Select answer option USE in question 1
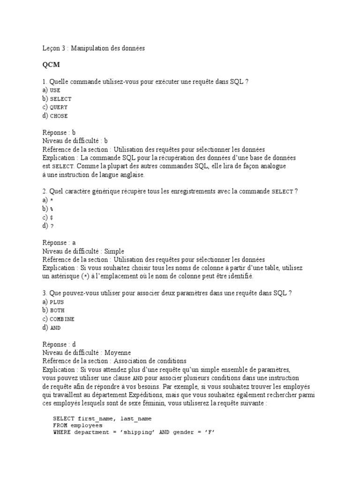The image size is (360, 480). [x=55, y=90]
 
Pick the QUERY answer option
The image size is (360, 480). [x=59, y=107]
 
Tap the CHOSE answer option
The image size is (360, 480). [x=59, y=116]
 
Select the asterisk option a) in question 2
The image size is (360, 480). [x=51, y=200]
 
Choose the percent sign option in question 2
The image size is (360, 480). [x=51, y=209]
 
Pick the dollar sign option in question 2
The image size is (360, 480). [x=51, y=217]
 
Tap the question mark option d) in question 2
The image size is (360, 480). [x=51, y=225]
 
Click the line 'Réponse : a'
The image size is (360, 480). [x=59, y=242]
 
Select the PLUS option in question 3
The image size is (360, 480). [x=56, y=302]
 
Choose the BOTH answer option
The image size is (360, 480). [x=57, y=310]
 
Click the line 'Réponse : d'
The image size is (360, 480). [x=59, y=344]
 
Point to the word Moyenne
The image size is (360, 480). [x=118, y=352]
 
